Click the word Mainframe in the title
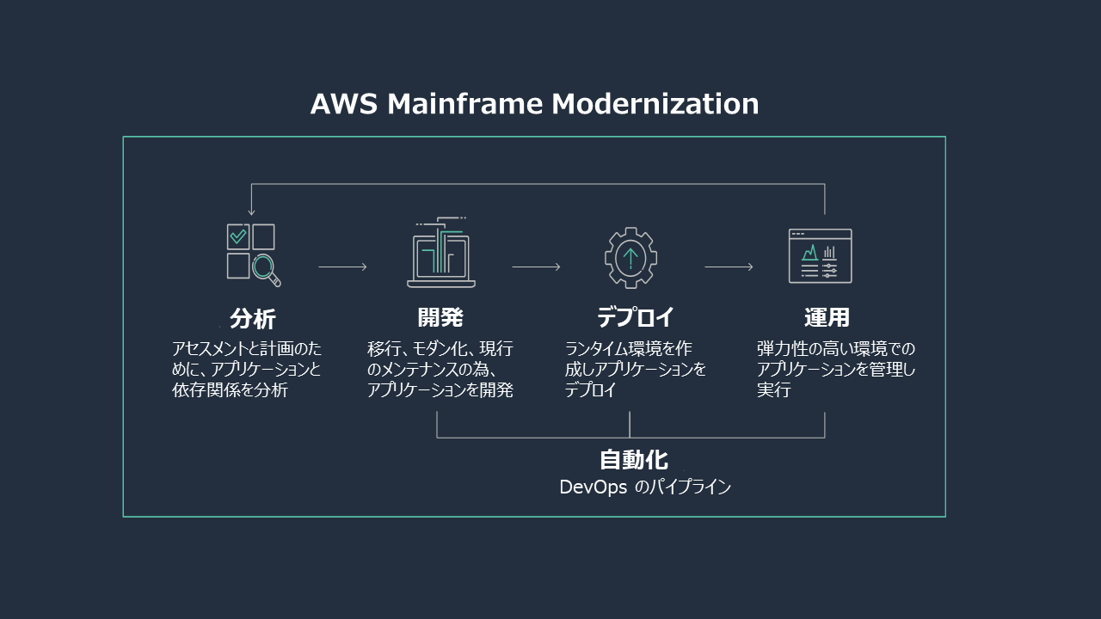click(464, 104)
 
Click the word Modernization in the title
click(655, 104)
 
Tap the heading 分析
click(252, 319)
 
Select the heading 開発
click(440, 317)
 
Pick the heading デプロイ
click(636, 317)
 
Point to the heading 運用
click(827, 317)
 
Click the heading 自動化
click(633, 459)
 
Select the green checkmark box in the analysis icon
click(238, 236)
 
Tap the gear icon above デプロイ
click(630, 257)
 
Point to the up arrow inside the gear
click(630, 256)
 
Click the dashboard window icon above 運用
click(821, 256)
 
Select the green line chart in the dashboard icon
click(810, 252)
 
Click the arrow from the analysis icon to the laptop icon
click(342, 267)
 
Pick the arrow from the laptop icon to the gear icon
click(536, 267)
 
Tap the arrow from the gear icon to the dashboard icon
click(729, 267)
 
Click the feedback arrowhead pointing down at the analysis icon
click(251, 211)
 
